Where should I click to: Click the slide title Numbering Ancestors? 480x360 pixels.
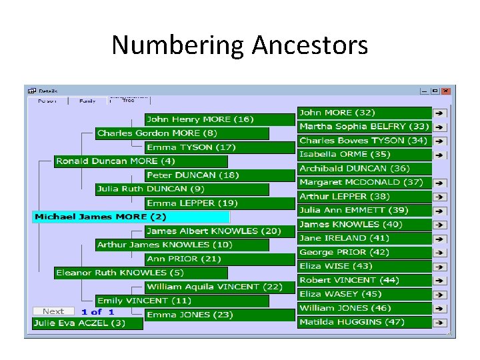[x=239, y=45]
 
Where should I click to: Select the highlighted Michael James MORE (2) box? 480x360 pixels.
[x=131, y=217]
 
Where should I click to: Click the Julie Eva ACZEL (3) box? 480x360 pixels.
[x=88, y=323]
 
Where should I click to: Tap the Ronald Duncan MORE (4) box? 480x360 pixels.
[x=141, y=161]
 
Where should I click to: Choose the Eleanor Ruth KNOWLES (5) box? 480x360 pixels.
[x=141, y=273]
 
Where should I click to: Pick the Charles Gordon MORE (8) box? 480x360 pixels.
[x=181, y=133]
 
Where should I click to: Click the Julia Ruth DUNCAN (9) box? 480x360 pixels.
[x=181, y=189]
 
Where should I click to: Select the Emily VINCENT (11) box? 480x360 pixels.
[x=181, y=301]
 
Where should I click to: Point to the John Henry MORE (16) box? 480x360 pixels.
[x=220, y=119]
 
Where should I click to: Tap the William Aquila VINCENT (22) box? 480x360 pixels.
[x=220, y=287]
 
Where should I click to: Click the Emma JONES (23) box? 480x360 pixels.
[x=220, y=315]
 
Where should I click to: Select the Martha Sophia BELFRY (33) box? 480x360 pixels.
[x=364, y=127]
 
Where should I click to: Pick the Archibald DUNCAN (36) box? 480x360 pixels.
[x=364, y=169]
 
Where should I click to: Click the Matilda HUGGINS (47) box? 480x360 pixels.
[x=364, y=322]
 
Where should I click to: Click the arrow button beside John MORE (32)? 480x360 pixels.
[x=440, y=113]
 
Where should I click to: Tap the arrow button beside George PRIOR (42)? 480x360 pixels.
[x=440, y=253]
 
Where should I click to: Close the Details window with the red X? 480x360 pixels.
[x=446, y=91]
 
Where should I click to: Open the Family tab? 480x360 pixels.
[x=87, y=101]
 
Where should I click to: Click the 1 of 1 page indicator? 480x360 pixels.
[x=98, y=311]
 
